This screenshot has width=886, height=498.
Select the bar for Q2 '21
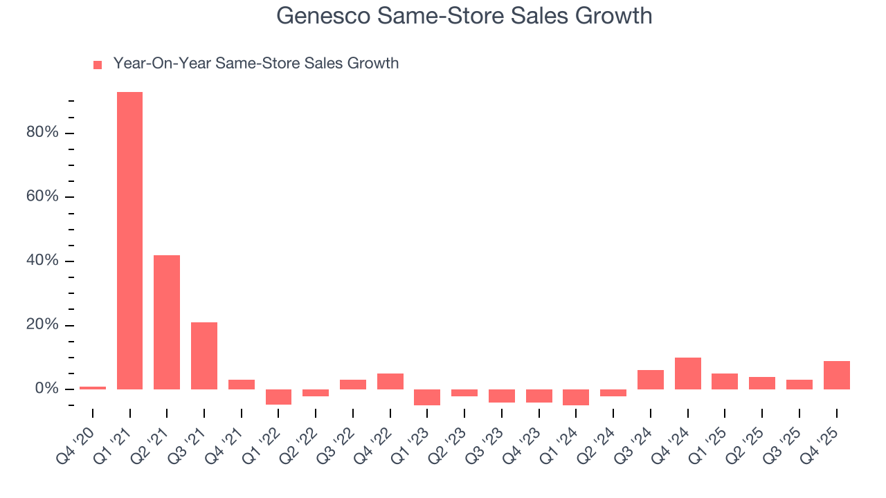tap(167, 322)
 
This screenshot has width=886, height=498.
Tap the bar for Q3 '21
tap(204, 356)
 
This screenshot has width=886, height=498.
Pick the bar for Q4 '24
tap(688, 373)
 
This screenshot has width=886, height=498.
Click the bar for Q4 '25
tap(837, 375)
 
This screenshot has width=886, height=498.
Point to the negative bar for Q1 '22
tap(278, 396)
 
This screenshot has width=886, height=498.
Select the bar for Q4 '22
tap(390, 381)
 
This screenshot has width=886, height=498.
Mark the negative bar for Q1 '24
tap(576, 397)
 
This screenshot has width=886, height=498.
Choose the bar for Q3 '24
tap(651, 380)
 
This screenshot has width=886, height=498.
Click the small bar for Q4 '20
tap(93, 387)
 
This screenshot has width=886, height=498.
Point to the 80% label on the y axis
tap(42, 133)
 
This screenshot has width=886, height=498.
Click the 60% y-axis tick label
tap(42, 197)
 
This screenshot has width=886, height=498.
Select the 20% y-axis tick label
tap(42, 325)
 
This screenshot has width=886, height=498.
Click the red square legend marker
tap(98, 65)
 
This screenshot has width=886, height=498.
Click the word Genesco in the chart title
tap(323, 15)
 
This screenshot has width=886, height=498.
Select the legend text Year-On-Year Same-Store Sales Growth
tap(256, 64)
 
